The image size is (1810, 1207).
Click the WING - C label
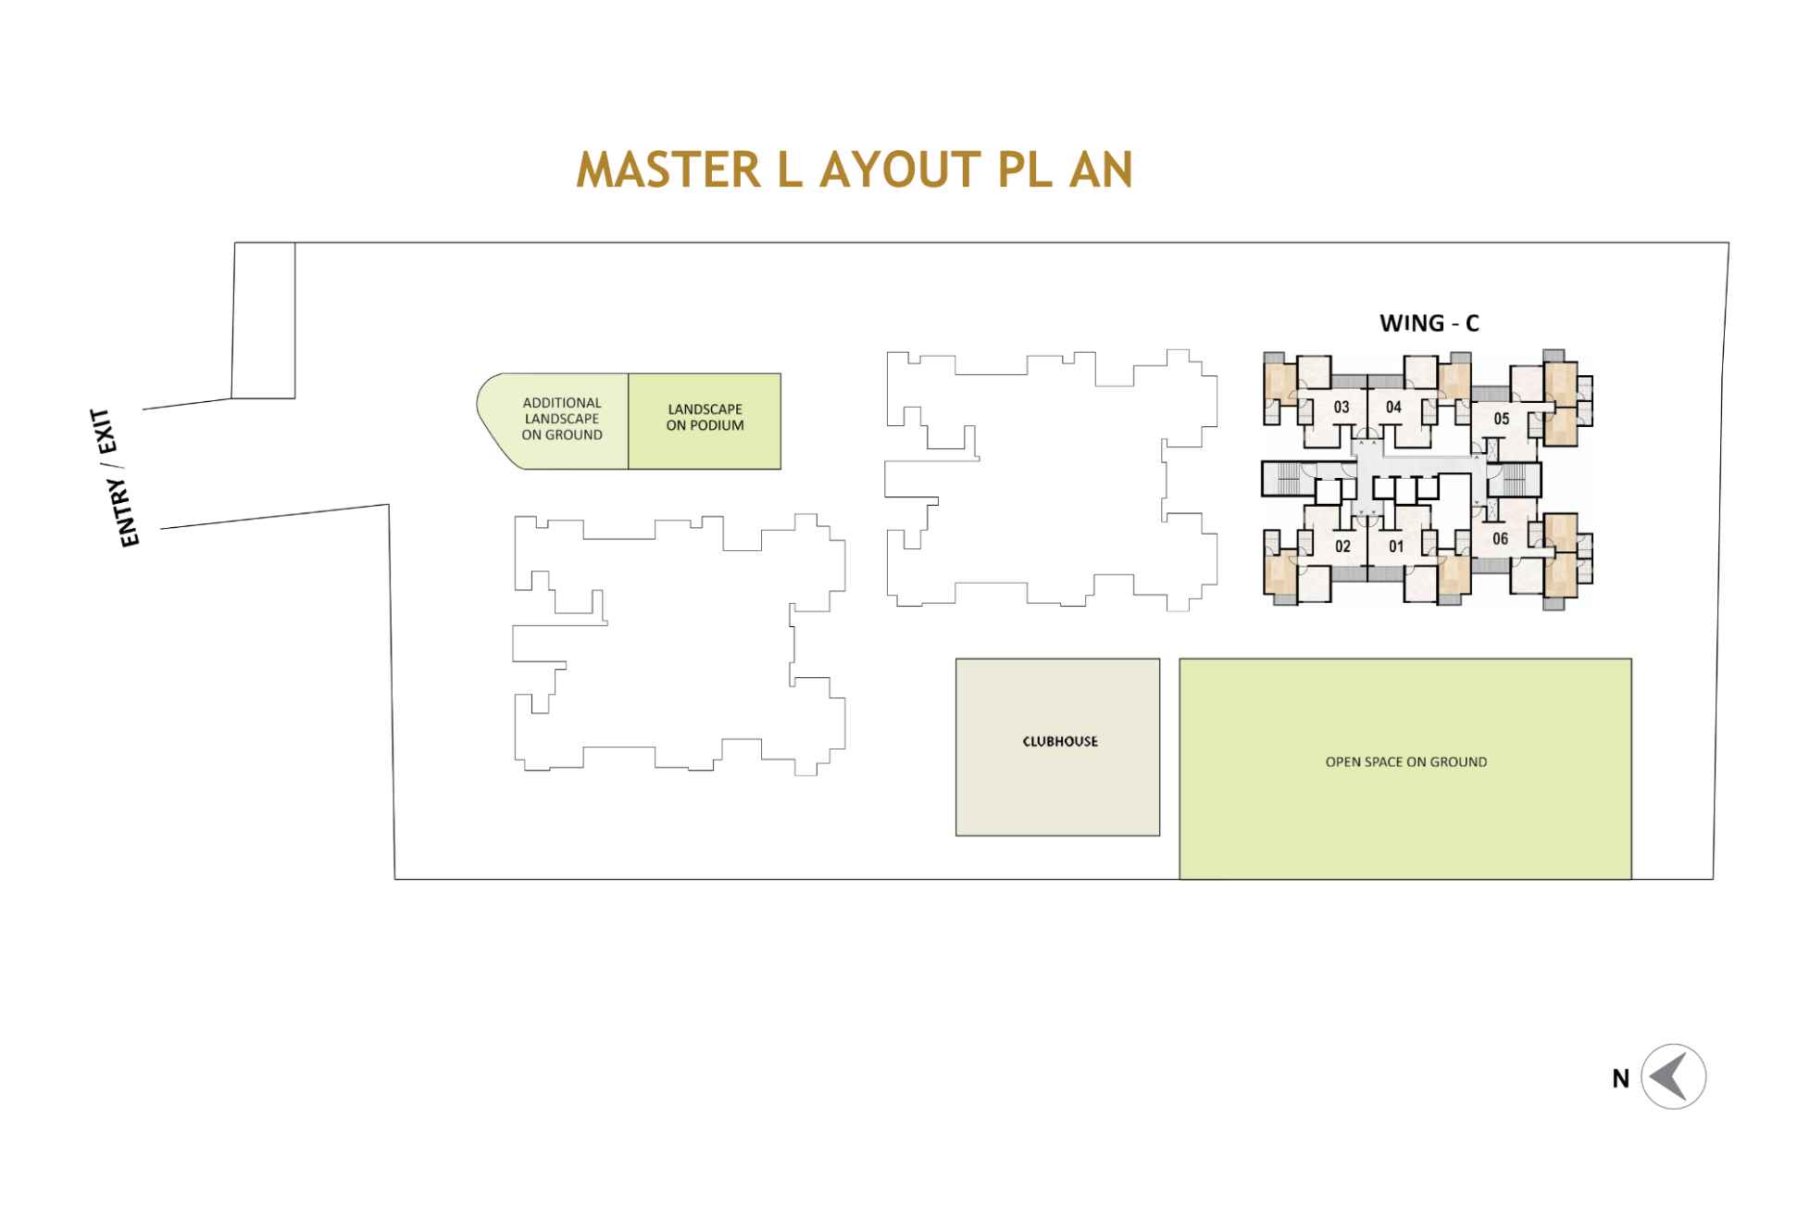[x=1429, y=323]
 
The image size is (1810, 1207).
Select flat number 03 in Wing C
[x=1341, y=407]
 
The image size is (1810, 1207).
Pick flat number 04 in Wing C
[x=1393, y=407]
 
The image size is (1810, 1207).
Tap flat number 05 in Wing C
[x=1501, y=419]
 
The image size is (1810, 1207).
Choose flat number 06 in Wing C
[x=1500, y=539]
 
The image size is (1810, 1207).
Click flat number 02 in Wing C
[x=1342, y=547]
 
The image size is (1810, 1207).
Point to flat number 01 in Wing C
[x=1396, y=547]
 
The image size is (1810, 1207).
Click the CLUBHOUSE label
[x=1060, y=742]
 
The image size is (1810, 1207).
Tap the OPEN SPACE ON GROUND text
[x=1405, y=762]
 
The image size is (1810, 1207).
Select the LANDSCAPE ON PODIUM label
[x=705, y=418]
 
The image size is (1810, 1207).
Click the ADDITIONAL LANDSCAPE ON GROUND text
[x=562, y=419]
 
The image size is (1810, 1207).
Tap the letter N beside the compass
[x=1620, y=1079]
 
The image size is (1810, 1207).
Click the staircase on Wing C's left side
[x=1285, y=479]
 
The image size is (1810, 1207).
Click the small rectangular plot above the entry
[x=264, y=321]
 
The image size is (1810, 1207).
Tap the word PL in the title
[x=1022, y=170]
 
